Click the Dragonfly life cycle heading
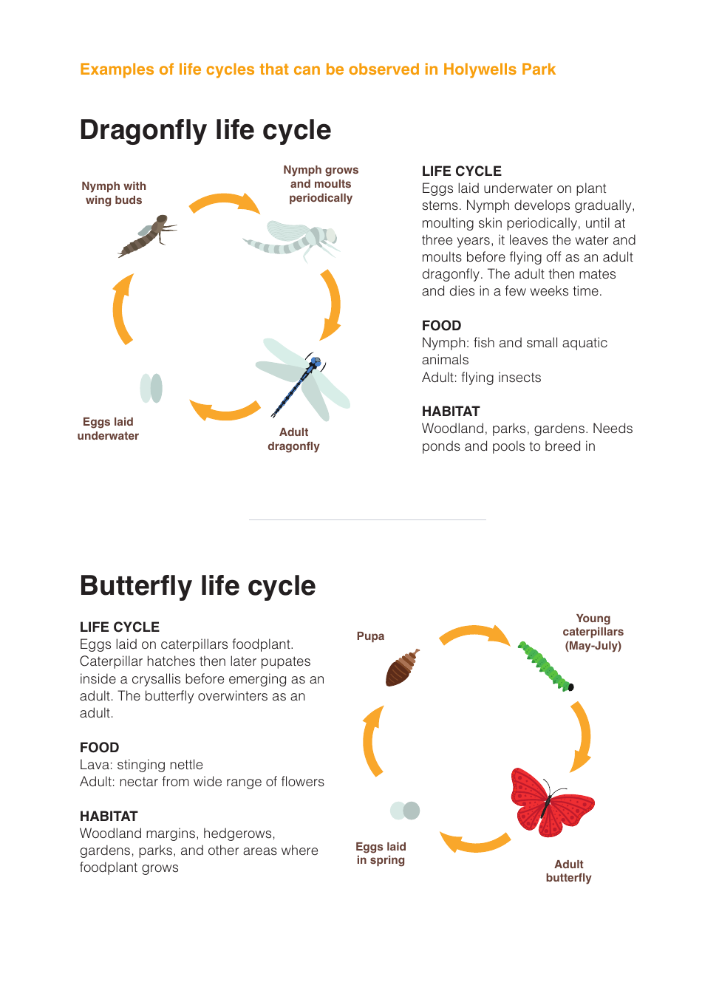click(x=205, y=130)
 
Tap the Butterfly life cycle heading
click(x=197, y=586)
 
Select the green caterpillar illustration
click(x=545, y=666)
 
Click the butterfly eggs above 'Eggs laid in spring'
click(x=405, y=811)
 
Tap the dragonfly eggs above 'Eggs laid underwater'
click(x=151, y=388)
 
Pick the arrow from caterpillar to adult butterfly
click(x=582, y=735)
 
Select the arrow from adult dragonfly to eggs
click(x=225, y=410)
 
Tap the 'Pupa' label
click(x=370, y=636)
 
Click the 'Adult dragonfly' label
click(x=293, y=439)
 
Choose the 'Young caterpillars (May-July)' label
click(x=593, y=632)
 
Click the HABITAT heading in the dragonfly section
click(x=451, y=412)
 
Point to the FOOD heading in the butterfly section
click(x=99, y=748)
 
